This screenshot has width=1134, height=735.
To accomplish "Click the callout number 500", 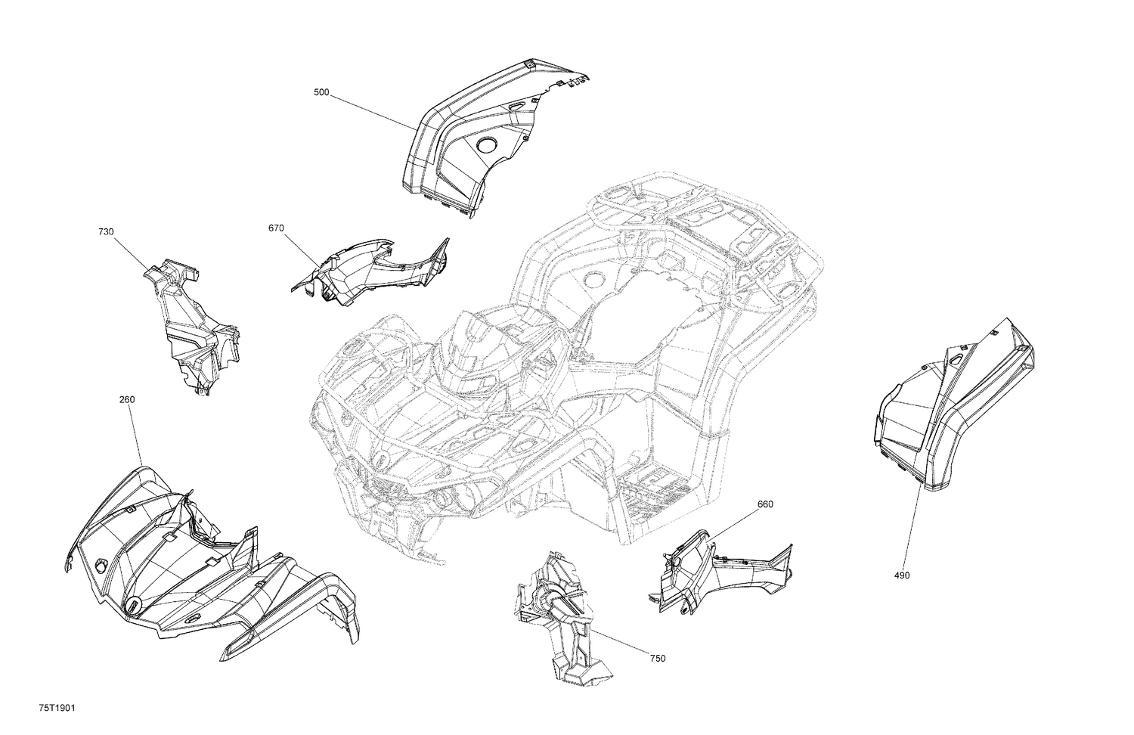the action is tap(321, 92).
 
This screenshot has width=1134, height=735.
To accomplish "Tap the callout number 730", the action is tap(106, 232).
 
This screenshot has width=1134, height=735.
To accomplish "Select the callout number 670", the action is tap(276, 228).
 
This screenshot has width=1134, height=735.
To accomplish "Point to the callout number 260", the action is tap(127, 399).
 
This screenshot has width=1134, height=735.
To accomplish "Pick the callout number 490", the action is tap(902, 575).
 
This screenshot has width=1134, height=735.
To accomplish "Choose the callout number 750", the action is tap(657, 659).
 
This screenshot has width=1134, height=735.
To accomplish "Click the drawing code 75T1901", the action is tap(57, 708).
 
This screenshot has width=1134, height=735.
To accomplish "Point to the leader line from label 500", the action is tap(373, 111).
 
